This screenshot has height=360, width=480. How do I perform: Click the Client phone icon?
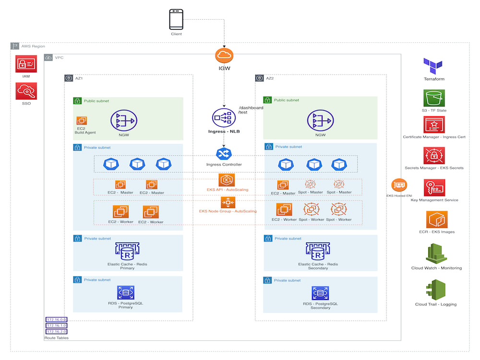(x=176, y=20)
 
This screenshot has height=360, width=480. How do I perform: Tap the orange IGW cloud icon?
(x=224, y=56)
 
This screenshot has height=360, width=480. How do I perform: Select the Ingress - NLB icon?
(x=224, y=118)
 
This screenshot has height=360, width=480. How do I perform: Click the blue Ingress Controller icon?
(x=224, y=153)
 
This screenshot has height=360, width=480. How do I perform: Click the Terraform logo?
(x=433, y=66)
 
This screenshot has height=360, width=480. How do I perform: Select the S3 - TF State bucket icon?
(x=433, y=98)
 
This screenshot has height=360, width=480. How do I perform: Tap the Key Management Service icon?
(x=433, y=188)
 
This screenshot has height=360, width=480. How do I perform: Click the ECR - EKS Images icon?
(x=433, y=220)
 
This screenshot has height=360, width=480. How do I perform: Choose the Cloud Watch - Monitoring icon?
(x=436, y=253)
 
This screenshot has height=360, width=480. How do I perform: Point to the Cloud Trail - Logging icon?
(x=436, y=289)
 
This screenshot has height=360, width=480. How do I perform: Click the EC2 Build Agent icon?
(x=82, y=120)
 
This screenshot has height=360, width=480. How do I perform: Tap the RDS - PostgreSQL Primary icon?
(x=125, y=292)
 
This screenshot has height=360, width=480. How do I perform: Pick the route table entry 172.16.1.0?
(x=57, y=325)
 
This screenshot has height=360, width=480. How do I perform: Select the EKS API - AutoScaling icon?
(x=227, y=180)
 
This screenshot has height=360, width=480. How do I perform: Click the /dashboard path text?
(x=251, y=108)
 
